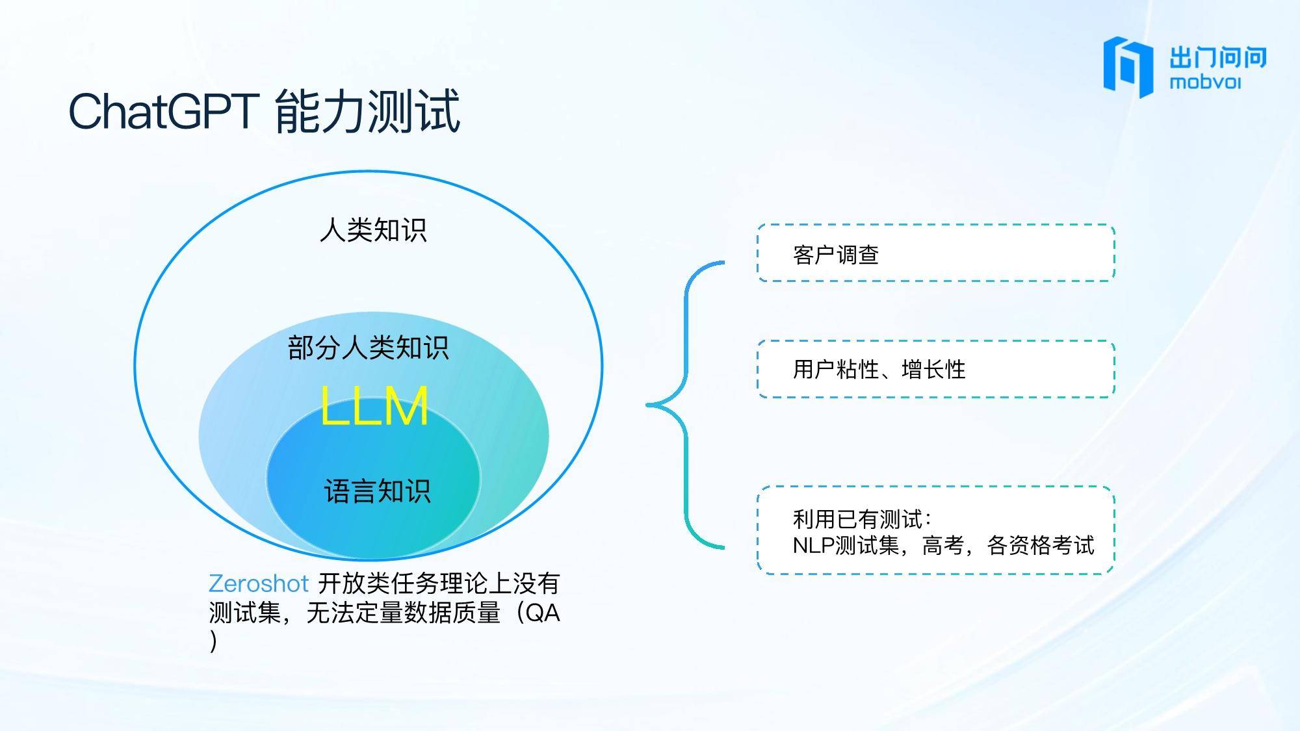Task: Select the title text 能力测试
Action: (x=368, y=111)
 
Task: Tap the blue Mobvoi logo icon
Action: (x=1128, y=67)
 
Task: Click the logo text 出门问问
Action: (x=1218, y=57)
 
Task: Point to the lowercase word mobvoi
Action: (x=1204, y=83)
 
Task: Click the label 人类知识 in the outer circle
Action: (x=373, y=230)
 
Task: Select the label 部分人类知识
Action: (x=368, y=348)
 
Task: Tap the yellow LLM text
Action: (x=374, y=405)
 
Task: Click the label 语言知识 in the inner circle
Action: (x=377, y=491)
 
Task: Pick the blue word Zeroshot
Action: (x=259, y=584)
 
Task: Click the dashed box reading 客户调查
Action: (x=936, y=253)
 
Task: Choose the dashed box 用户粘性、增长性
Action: (x=936, y=368)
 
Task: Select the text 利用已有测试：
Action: (x=863, y=519)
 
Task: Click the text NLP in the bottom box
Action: (x=813, y=545)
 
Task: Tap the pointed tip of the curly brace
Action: (x=648, y=405)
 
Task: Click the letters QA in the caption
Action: (x=542, y=612)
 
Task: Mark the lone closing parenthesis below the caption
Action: (x=213, y=641)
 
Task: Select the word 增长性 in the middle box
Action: (x=933, y=370)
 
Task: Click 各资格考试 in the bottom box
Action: (x=1041, y=545)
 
